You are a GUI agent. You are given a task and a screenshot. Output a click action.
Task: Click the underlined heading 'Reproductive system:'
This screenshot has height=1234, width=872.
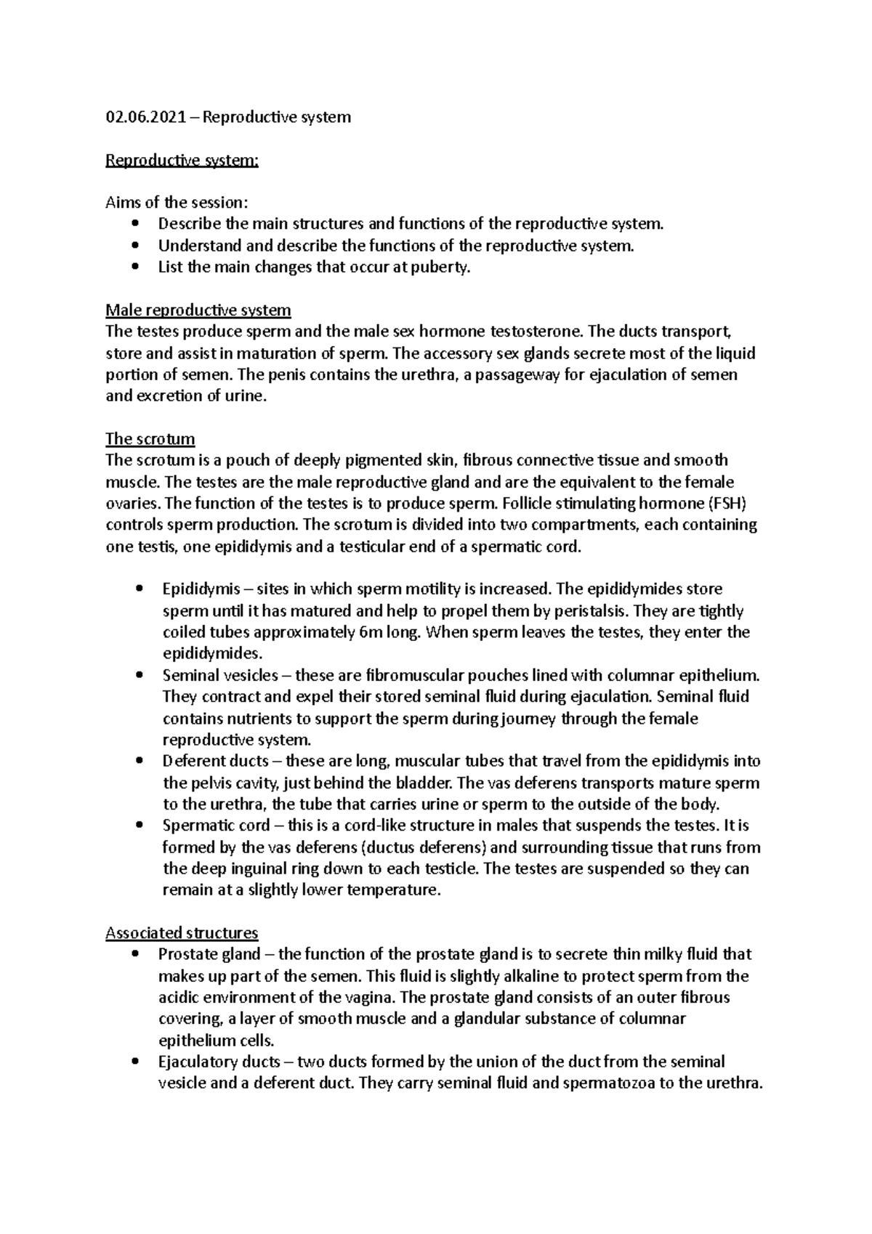[x=182, y=160]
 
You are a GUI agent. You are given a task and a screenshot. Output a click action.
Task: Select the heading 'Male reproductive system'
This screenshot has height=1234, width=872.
[x=198, y=310]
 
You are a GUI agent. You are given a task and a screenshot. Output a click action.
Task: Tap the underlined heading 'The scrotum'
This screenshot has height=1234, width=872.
[x=150, y=439]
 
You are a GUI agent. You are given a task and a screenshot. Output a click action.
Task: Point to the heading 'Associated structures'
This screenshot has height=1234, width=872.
[x=182, y=932]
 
